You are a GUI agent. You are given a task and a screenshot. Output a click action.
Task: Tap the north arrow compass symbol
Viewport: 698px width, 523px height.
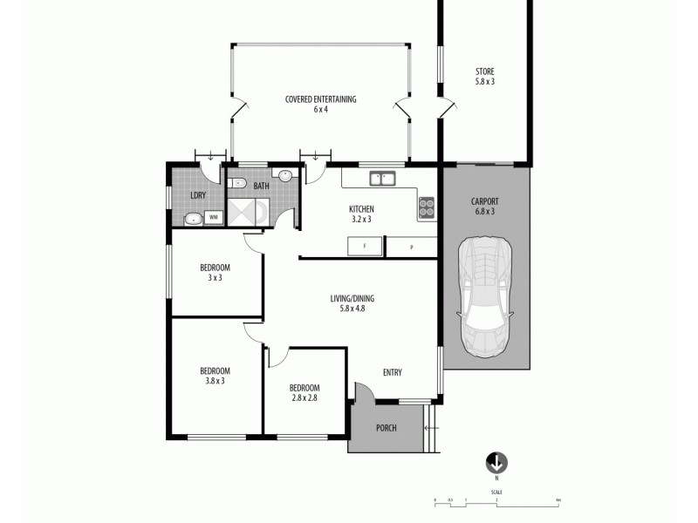click(496, 463)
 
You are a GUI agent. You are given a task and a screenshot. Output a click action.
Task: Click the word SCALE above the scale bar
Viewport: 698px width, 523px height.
click(496, 492)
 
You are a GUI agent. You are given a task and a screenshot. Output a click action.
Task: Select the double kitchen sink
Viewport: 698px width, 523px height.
click(381, 180)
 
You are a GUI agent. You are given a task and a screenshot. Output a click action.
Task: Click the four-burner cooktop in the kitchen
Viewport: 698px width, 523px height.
click(427, 207)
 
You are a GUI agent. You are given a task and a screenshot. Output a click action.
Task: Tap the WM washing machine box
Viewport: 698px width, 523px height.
click(214, 216)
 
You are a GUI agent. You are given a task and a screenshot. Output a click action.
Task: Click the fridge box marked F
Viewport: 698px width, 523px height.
click(363, 247)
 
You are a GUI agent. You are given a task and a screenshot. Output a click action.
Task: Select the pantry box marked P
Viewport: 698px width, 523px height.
click(411, 248)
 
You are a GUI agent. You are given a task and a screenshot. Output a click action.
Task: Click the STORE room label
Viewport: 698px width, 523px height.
click(485, 71)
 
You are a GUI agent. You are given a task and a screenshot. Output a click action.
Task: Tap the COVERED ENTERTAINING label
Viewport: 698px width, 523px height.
click(320, 99)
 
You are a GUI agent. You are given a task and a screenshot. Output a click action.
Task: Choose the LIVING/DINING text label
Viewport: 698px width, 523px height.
click(352, 298)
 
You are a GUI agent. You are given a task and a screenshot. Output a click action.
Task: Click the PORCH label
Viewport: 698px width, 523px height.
click(386, 428)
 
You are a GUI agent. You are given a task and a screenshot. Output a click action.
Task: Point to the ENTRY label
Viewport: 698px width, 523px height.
click(392, 373)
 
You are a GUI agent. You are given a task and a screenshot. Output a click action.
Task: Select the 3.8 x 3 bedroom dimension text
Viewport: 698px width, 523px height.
click(214, 381)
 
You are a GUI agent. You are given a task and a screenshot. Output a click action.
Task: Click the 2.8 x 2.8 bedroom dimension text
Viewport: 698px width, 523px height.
click(305, 398)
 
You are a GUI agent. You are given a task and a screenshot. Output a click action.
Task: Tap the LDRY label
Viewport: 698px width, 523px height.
click(198, 195)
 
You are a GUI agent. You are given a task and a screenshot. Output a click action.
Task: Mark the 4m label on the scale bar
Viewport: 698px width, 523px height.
click(557, 499)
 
